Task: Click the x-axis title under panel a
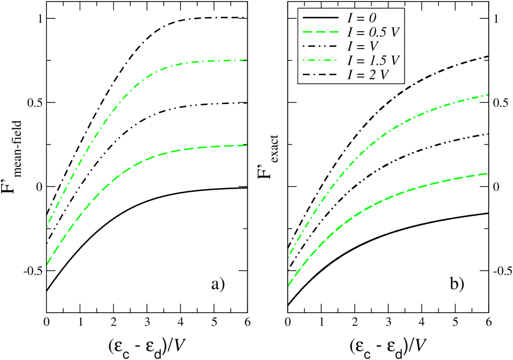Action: pyautogui.click(x=147, y=345)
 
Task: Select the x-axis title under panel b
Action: pyautogui.click(x=388, y=345)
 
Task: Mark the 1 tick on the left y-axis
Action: pyautogui.click(x=37, y=19)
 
